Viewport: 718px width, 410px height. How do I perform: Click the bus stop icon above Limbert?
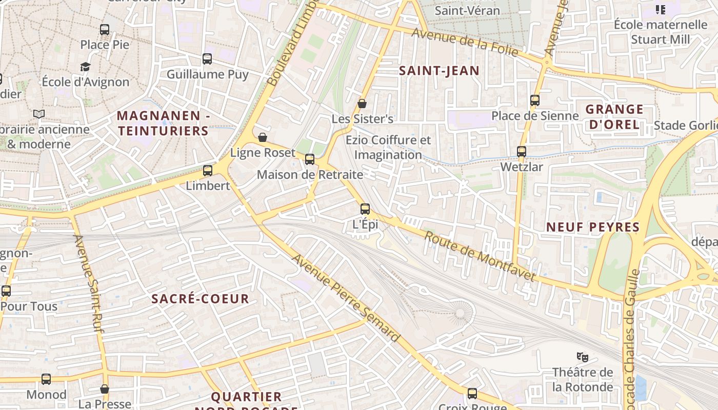tap(208, 171)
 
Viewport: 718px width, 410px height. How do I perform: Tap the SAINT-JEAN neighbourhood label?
tap(439, 71)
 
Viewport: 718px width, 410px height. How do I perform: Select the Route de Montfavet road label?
tap(480, 257)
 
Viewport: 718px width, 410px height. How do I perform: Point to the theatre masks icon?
tap(582, 356)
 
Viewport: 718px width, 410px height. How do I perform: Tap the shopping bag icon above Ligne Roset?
tap(263, 137)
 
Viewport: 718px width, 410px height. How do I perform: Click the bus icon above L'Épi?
tap(365, 209)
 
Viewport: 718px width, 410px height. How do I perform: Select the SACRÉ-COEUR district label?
tap(201, 299)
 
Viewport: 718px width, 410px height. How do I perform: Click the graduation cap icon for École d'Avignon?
tap(85, 67)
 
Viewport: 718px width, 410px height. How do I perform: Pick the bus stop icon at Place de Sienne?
tap(535, 100)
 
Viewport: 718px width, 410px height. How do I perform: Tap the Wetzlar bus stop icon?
tap(522, 151)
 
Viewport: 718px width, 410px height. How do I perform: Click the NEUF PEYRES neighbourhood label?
tap(593, 227)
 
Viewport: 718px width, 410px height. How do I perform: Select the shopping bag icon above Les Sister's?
tap(362, 104)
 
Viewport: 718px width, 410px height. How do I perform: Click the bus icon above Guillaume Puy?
tap(207, 59)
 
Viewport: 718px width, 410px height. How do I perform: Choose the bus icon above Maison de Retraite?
tap(310, 159)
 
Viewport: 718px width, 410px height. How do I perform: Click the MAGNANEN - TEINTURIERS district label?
tap(163, 124)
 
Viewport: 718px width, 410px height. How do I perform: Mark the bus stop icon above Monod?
tap(46, 379)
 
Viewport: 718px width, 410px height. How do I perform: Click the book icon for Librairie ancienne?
tap(39, 114)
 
